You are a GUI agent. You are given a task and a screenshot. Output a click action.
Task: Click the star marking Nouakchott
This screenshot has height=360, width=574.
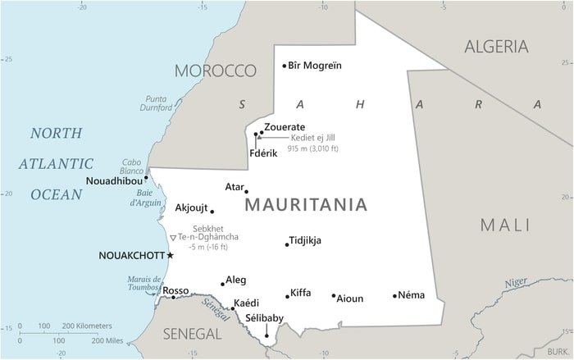[x=171, y=255]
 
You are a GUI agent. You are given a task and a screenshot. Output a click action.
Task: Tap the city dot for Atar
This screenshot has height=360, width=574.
[x=246, y=192]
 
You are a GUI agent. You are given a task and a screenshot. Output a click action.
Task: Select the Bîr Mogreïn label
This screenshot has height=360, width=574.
[x=316, y=66]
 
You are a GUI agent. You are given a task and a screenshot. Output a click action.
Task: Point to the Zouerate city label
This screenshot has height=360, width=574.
[x=285, y=127]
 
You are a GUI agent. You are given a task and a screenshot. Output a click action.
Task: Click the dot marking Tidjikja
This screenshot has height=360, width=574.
[x=286, y=244]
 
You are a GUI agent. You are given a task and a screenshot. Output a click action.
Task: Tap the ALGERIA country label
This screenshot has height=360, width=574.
[x=496, y=47]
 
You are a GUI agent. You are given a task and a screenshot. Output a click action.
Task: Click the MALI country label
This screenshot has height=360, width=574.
[x=505, y=225]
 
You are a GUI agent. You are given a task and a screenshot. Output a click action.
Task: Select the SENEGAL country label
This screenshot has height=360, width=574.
[x=192, y=334]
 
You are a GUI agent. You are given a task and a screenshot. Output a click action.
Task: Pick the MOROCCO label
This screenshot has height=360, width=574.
[x=216, y=70]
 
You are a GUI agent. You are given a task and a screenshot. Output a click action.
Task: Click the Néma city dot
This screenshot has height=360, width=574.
[x=394, y=296]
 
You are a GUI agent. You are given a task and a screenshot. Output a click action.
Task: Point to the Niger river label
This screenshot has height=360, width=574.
[x=516, y=282]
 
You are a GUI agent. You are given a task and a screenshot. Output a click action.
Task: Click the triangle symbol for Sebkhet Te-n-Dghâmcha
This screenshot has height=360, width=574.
[x=172, y=238]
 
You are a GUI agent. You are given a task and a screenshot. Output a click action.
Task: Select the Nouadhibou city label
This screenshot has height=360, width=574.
[x=113, y=180]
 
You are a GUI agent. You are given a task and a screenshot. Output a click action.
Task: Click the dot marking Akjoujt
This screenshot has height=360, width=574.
[x=212, y=212]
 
